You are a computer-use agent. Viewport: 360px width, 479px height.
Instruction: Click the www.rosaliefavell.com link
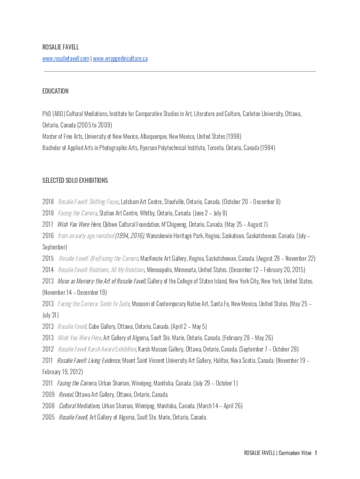point(65,58)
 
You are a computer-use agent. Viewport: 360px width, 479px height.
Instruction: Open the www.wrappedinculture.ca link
point(120,58)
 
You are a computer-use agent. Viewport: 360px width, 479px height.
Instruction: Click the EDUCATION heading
point(55,91)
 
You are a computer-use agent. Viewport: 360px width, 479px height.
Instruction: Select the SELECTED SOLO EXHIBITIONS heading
point(75,180)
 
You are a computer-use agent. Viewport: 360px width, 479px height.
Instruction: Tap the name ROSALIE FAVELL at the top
point(60,47)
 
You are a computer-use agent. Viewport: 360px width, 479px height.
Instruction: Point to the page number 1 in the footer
point(316,453)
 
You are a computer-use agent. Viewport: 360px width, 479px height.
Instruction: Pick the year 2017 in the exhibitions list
point(48,225)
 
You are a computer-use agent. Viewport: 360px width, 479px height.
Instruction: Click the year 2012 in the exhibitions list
point(48,349)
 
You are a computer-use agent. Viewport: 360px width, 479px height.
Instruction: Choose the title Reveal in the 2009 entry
point(66,394)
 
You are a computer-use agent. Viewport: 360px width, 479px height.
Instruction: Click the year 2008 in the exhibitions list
point(48,406)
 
